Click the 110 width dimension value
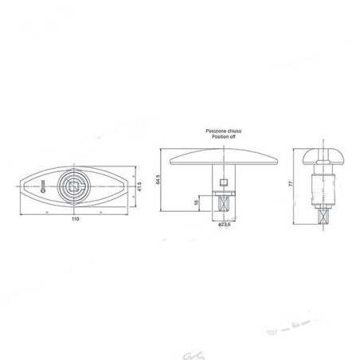click(76, 218)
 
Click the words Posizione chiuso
click(224, 131)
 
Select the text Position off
click(224, 137)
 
